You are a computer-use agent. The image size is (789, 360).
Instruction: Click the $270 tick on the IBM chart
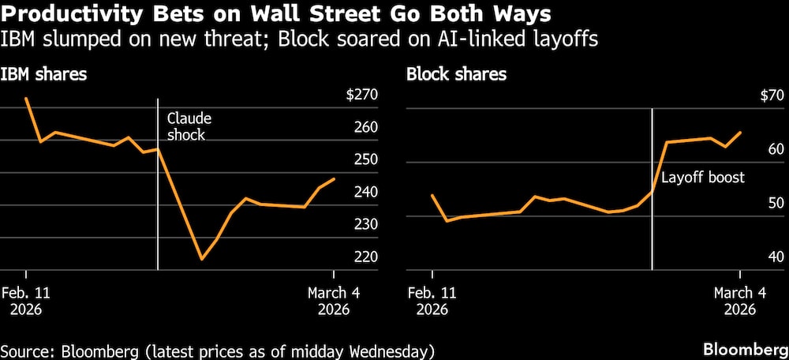[361, 96]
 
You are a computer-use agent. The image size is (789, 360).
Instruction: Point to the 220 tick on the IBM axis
[366, 257]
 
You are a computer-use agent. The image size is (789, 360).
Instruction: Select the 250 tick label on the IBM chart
[366, 160]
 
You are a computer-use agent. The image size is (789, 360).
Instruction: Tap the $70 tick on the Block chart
[765, 96]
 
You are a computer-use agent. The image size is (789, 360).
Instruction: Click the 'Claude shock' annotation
[189, 126]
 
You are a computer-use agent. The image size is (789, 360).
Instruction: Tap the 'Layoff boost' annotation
[702, 178]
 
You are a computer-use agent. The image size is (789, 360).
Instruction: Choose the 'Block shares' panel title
[456, 75]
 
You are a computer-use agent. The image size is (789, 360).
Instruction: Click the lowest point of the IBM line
[201, 259]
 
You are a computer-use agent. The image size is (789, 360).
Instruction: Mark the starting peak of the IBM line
[26, 99]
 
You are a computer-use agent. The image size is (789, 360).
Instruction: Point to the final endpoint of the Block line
[740, 133]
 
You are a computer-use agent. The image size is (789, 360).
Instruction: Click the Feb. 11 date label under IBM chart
[26, 300]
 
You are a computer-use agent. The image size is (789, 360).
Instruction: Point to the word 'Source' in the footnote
[24, 349]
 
